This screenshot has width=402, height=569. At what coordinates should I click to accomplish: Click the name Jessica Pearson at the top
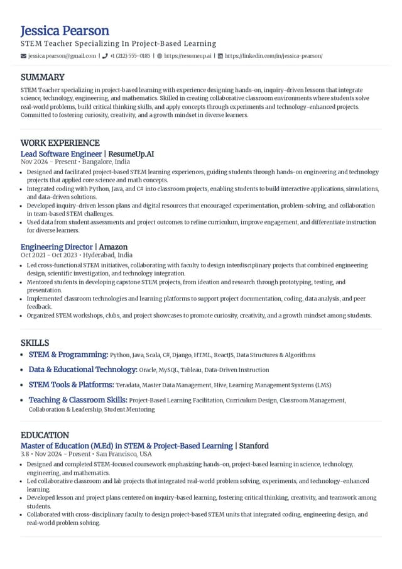pos(65,31)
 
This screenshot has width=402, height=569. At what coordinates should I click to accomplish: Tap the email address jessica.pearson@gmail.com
pos(62,56)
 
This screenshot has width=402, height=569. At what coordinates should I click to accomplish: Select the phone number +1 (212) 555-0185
pos(130,56)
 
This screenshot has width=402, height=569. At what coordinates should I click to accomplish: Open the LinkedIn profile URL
pos(274,56)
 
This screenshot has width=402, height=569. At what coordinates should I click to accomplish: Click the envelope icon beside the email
pos(23,56)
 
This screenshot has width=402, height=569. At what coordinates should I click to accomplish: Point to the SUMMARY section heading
pos(42,77)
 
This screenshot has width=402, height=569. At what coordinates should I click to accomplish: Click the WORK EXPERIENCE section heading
pos(60,143)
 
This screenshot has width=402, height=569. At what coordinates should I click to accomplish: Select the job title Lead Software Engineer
pos(61,154)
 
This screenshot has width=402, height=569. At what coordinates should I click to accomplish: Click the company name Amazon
pos(113,247)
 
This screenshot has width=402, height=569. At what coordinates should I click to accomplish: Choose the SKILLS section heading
pos(35,343)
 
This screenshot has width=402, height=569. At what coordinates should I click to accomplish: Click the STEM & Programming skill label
pos(68,355)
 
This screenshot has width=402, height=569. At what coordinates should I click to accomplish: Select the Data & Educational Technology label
pos(83,370)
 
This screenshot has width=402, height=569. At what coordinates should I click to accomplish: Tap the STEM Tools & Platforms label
pos(72,385)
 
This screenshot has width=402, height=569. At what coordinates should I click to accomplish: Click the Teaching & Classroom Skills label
pos(78,400)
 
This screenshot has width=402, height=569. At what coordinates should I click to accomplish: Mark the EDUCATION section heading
pos(45,435)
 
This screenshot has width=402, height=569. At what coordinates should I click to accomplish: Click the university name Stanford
pos(254,446)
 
